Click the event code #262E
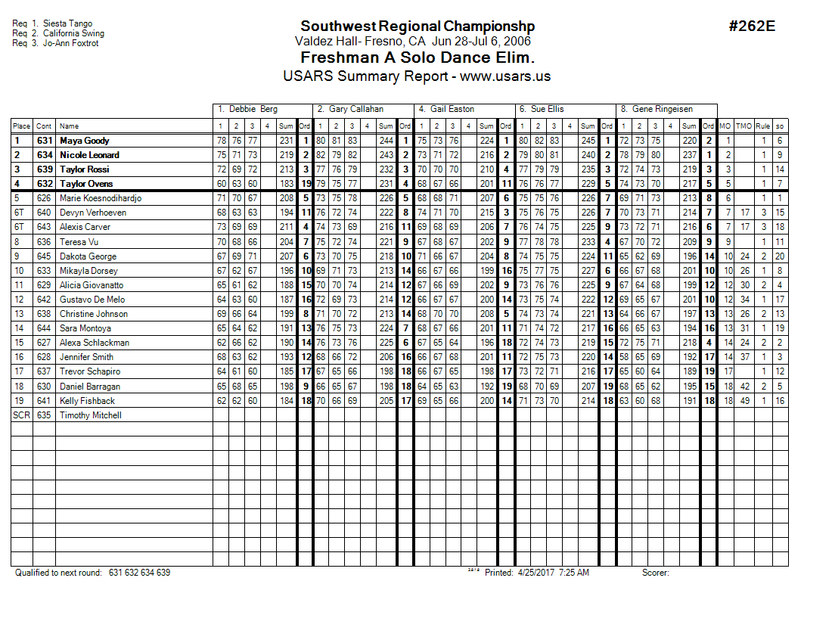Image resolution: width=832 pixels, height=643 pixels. coord(752,26)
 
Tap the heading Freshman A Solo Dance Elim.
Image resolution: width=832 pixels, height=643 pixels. coord(417,58)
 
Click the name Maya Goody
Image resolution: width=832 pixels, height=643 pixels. coord(85,141)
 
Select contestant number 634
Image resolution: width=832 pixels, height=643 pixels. coord(45,155)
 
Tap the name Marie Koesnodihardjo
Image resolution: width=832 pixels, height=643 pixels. coord(100,198)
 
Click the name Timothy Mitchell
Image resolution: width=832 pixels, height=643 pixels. coord(90,415)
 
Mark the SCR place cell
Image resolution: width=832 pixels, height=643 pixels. coord(21,415)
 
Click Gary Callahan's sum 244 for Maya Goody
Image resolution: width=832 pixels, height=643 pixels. coord(386,141)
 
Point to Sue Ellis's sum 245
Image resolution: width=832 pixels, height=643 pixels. coord(588,141)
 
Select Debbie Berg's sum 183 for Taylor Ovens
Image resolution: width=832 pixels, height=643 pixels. coord(285,184)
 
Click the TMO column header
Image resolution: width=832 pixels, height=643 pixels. coord(744,126)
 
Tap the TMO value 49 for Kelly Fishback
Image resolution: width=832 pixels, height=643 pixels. coord(744,401)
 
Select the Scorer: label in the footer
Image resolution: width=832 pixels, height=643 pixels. coord(655,573)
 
